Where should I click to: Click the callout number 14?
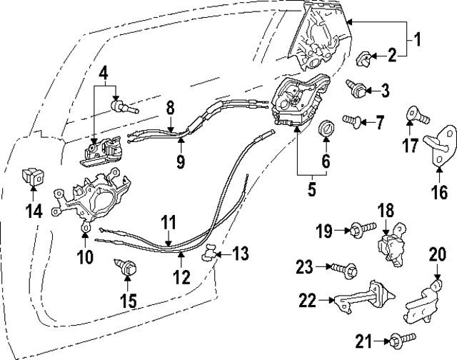(x=34, y=211)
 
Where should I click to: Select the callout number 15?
(x=128, y=301)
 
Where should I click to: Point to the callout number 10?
(x=86, y=256)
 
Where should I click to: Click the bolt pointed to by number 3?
(x=356, y=88)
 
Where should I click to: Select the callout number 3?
(x=386, y=90)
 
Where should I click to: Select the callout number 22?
(x=307, y=301)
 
